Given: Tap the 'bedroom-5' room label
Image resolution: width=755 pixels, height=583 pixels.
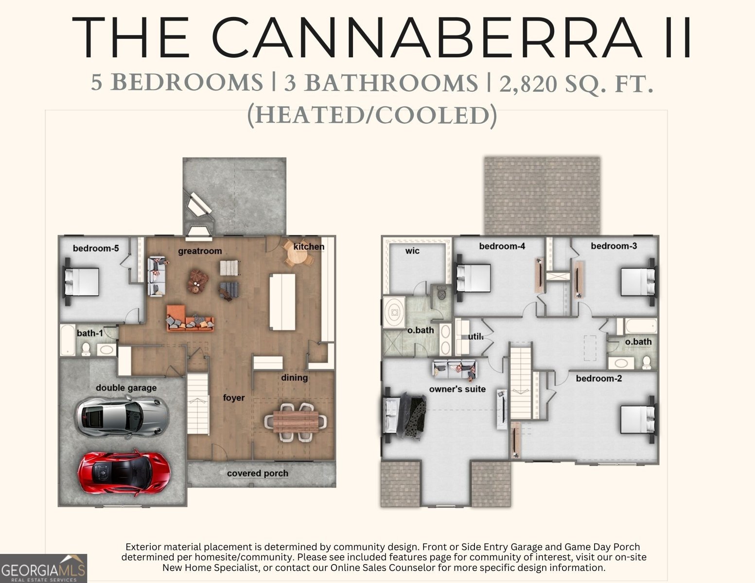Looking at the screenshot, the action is [96, 248].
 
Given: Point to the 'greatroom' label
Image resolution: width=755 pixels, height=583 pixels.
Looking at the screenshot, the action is [200, 251].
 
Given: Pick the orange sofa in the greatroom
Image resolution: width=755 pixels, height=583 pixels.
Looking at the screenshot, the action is [190, 318].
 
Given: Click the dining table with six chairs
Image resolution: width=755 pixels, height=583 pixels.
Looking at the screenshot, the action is [296, 422].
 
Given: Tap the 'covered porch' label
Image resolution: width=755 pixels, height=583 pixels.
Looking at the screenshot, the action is [258, 473].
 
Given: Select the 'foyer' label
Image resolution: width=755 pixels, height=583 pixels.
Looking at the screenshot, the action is [234, 397].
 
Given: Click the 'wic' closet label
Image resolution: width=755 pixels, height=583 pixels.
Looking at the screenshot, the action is [412, 251].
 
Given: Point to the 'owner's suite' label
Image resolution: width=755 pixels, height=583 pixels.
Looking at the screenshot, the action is [457, 389].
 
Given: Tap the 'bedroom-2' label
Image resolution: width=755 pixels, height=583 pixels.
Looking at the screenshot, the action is [599, 378].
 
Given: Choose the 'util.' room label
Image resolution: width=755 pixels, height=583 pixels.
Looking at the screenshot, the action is [475, 337].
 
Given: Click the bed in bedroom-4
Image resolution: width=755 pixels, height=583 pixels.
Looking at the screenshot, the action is [473, 278].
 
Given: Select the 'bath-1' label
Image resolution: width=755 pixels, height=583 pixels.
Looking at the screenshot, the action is [90, 333].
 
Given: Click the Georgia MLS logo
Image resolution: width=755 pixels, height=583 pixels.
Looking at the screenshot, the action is [43, 568].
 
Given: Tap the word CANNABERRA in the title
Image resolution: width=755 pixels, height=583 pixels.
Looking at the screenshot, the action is [427, 37].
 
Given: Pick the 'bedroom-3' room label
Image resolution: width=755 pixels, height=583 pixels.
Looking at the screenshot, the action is [614, 246].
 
